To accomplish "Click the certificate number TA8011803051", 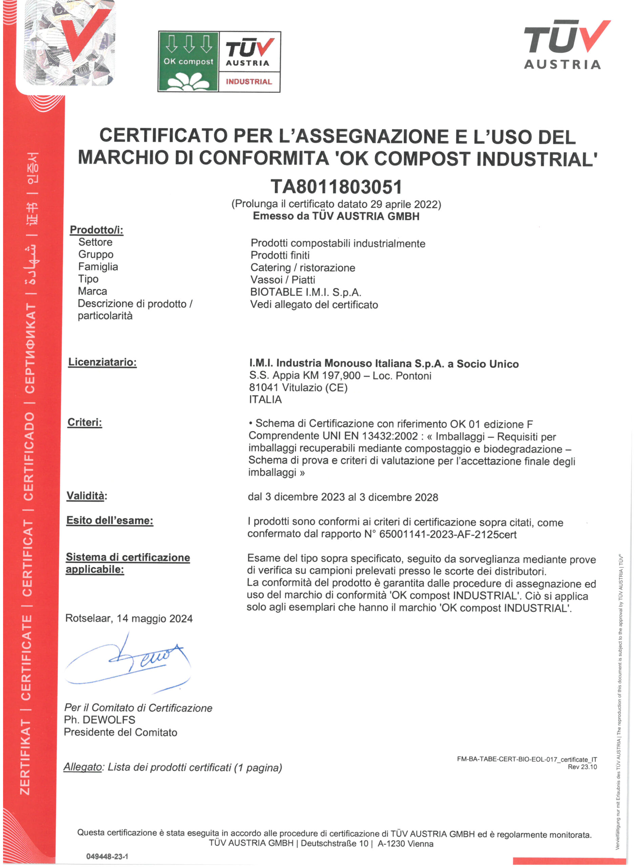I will [336, 187].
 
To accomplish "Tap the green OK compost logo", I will [188, 62].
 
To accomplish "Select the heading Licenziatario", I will [102, 362].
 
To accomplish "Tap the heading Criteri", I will [85, 422].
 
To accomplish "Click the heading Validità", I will [86, 496].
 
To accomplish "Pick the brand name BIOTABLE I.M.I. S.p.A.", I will [306, 292].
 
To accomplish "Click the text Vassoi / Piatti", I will [283, 280].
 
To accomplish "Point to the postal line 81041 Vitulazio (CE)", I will [298, 387].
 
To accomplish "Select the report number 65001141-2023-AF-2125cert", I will [448, 535].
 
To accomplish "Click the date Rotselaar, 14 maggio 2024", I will [129, 618].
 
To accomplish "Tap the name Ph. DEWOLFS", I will [100, 720].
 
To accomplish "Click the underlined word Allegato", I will [83, 767].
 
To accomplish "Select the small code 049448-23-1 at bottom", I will [107, 857].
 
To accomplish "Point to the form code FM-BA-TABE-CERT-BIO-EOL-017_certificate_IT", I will [527, 759].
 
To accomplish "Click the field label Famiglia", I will [98, 267].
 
